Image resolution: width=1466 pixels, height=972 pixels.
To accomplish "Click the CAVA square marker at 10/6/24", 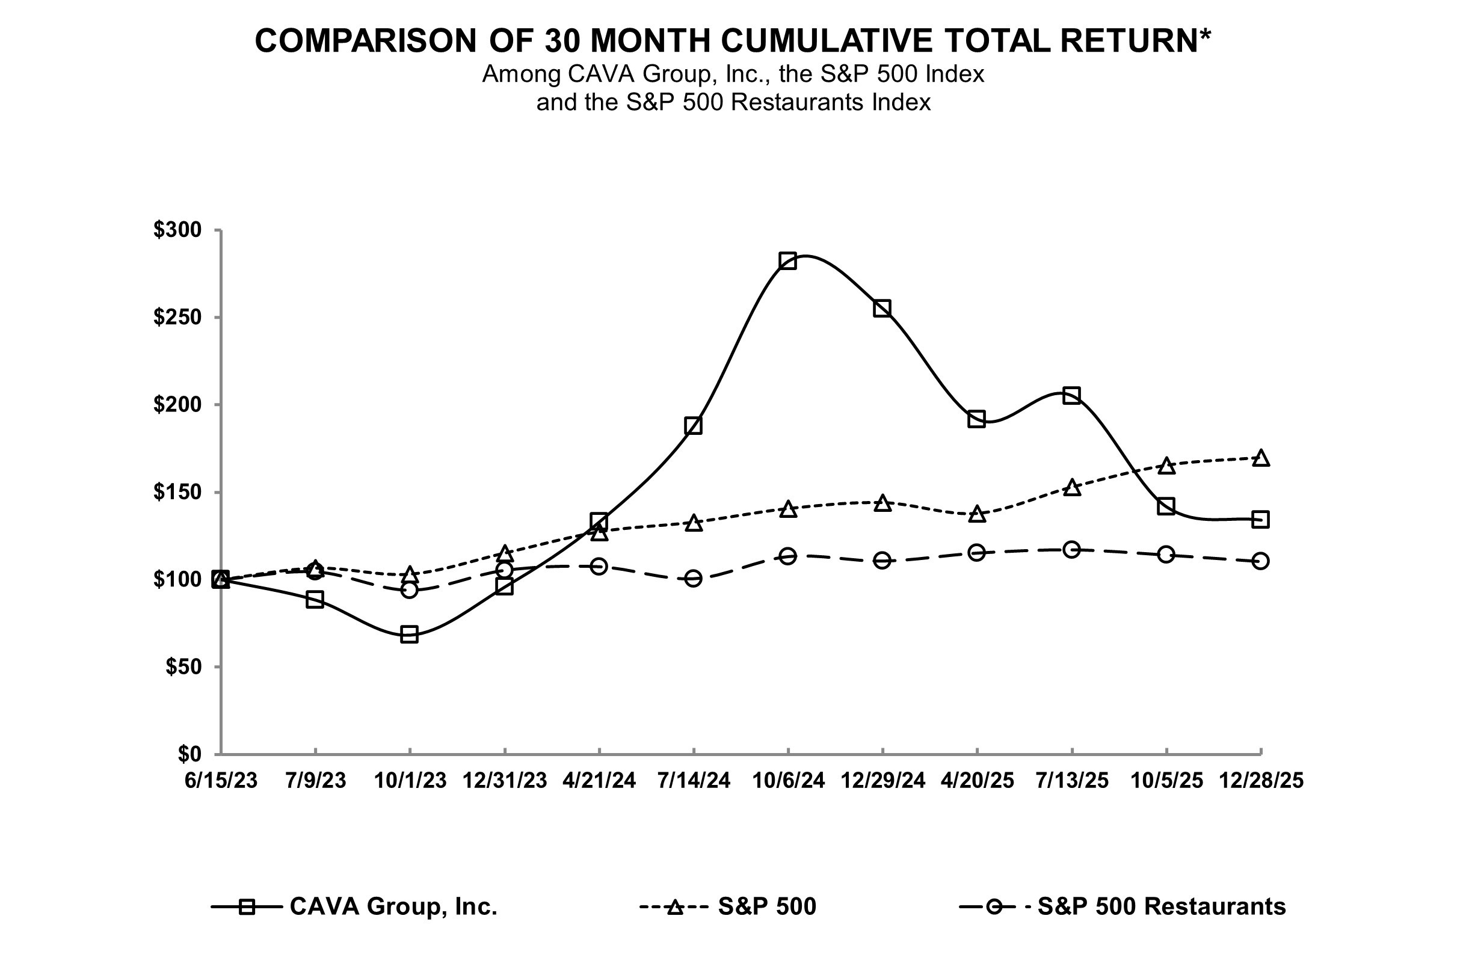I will (787, 260).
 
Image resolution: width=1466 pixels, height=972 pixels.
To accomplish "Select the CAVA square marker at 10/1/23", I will (409, 634).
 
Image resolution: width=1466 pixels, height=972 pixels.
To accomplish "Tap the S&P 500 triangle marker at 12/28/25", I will (1260, 459).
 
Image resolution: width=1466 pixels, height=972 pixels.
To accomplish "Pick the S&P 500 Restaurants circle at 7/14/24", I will (693, 579).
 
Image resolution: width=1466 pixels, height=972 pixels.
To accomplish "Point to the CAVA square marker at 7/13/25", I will (1071, 396).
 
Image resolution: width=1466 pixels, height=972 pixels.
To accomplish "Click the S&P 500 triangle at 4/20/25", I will (977, 514).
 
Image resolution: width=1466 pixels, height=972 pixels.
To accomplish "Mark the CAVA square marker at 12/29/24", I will (882, 308).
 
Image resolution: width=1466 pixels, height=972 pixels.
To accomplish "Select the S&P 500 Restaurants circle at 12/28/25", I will (1260, 561).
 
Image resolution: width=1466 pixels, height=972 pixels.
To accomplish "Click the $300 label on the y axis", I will (177, 230).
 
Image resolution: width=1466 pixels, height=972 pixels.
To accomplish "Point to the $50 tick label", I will (183, 667).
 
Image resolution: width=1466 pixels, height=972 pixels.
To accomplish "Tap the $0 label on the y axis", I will (189, 754).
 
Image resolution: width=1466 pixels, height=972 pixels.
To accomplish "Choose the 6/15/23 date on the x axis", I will (221, 781).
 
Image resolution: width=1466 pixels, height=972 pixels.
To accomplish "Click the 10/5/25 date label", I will (1166, 781).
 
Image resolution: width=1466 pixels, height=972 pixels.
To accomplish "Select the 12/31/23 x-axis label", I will (505, 781).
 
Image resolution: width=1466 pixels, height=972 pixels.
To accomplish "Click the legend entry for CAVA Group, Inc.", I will (393, 906).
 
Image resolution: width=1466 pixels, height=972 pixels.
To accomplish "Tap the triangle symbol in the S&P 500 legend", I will (674, 908).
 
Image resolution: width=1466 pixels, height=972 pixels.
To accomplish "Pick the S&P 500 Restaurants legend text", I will (1161, 906).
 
